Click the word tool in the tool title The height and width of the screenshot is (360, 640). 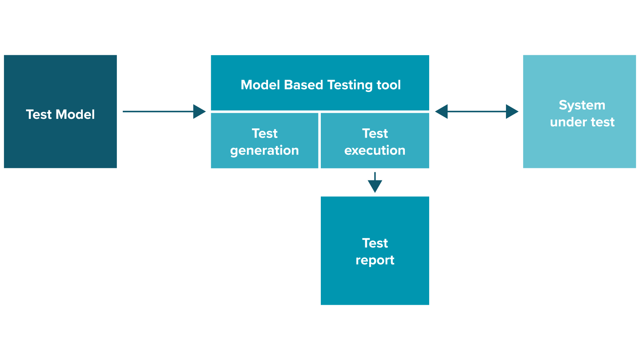point(389,85)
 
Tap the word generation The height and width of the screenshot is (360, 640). point(264,150)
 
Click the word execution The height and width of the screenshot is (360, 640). point(375,150)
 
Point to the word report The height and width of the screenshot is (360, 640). point(375,260)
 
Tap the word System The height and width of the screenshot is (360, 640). point(582,105)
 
